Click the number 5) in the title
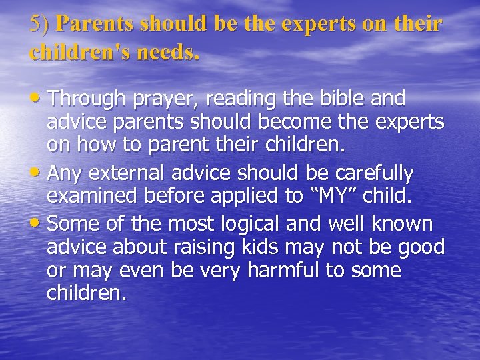pos(40,23)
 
